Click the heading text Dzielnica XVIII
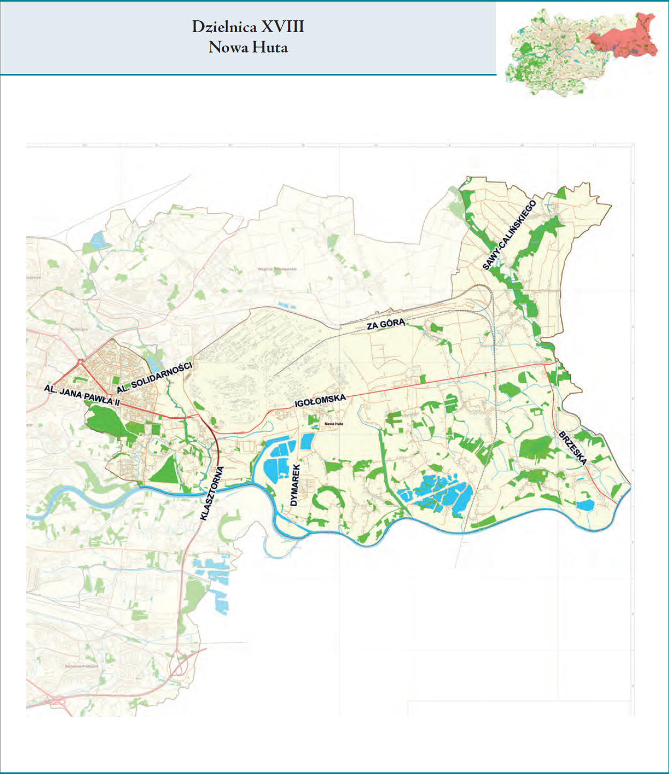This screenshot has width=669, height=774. (x=248, y=27)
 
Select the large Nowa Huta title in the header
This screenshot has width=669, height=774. (x=248, y=48)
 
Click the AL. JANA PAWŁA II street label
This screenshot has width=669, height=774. (x=82, y=395)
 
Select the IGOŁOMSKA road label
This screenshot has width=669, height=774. (x=320, y=400)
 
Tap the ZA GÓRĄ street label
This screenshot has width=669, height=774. (x=386, y=324)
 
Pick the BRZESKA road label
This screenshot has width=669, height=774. (x=573, y=448)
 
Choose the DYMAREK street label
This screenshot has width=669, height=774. (x=295, y=485)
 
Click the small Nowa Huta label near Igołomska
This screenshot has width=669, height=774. (x=334, y=424)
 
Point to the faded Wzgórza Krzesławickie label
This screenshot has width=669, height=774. (x=277, y=269)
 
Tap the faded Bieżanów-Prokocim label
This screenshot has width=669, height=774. (x=81, y=666)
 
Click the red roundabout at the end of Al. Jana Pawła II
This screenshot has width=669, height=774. (x=80, y=362)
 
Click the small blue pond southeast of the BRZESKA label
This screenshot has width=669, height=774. (x=585, y=505)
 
